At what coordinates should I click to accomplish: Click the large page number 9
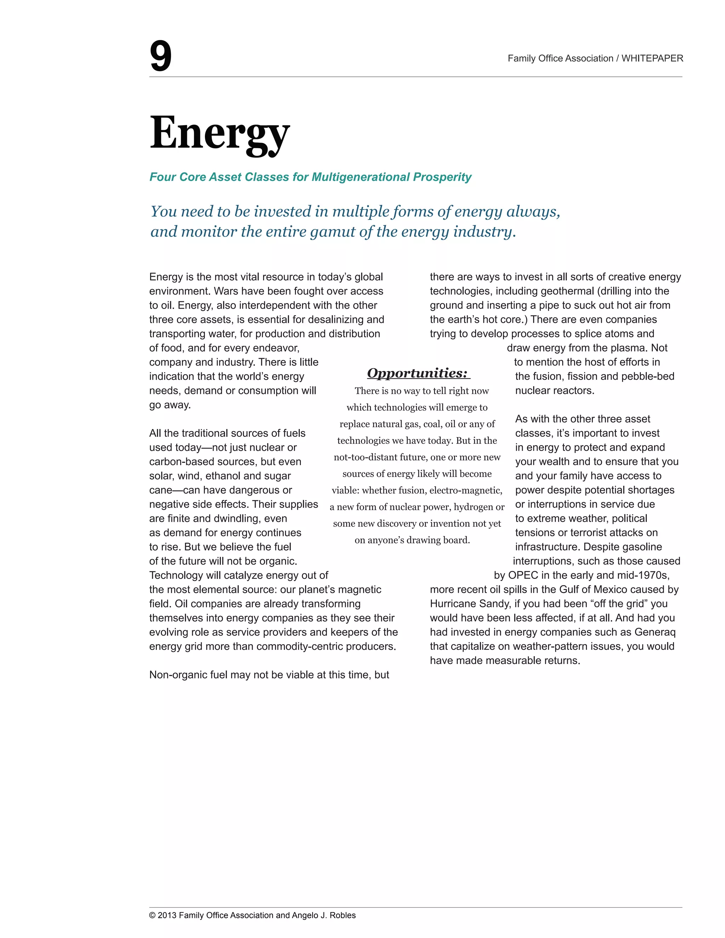[x=160, y=56]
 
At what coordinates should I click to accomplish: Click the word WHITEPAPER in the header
[x=652, y=58]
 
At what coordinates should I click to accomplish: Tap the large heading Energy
[x=219, y=133]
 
